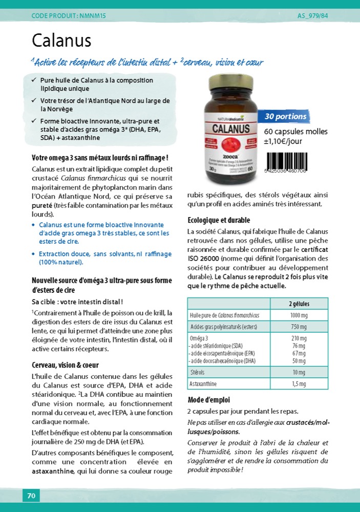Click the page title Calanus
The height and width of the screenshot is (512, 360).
click(61, 40)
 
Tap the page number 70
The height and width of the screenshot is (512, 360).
click(31, 496)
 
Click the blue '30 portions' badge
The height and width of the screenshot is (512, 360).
click(285, 117)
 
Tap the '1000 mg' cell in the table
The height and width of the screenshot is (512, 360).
click(299, 315)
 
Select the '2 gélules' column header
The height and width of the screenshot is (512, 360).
click(299, 304)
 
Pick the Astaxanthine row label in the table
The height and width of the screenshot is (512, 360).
click(203, 383)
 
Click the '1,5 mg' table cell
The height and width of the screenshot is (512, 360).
click(299, 383)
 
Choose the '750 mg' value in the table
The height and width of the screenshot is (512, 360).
click(299, 327)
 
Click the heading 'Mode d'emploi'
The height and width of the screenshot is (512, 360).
click(209, 400)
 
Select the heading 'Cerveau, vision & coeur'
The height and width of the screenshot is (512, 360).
click(65, 365)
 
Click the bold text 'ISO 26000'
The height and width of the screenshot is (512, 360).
click(204, 259)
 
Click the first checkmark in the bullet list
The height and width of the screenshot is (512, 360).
click(34, 80)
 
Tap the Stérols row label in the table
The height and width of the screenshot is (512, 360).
click(197, 372)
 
